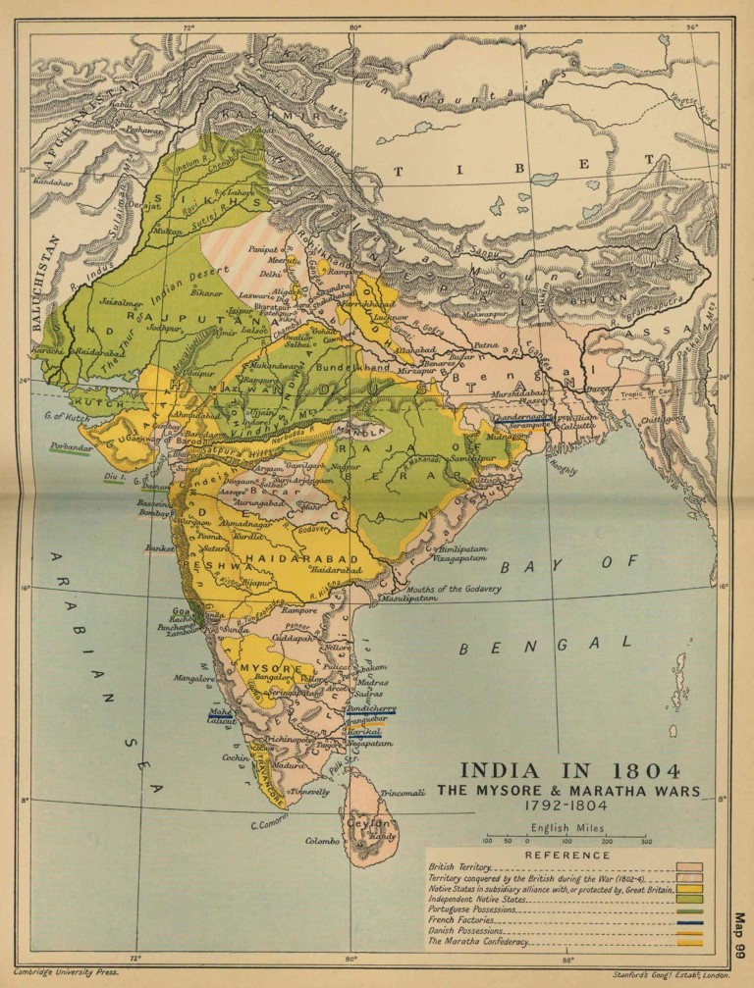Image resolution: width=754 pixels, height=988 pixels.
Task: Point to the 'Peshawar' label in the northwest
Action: pyautogui.click(x=116, y=129)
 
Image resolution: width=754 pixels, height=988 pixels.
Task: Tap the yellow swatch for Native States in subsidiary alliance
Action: pyautogui.click(x=692, y=889)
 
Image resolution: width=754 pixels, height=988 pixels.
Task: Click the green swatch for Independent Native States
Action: pyautogui.click(x=692, y=900)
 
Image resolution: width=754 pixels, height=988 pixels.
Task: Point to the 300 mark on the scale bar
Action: pyautogui.click(x=646, y=842)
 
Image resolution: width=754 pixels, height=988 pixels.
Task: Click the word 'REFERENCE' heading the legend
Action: pyautogui.click(x=568, y=856)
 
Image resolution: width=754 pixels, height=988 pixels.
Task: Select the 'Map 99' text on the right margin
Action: pyautogui.click(x=739, y=937)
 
